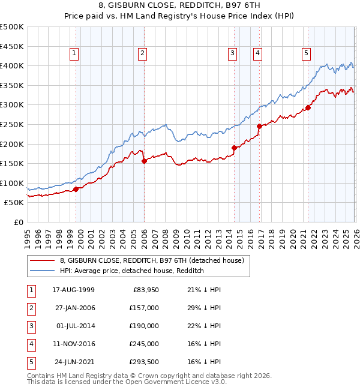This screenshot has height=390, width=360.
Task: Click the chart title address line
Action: pos(180,7)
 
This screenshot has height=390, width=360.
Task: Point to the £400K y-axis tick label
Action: pos(12,65)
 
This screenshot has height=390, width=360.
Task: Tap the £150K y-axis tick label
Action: pos(12,163)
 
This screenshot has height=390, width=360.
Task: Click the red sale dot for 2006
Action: pos(144,161)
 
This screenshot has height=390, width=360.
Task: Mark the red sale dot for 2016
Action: pos(259,127)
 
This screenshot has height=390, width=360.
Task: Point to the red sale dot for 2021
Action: pos(308,108)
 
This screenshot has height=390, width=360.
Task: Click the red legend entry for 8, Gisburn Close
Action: pos(151,261)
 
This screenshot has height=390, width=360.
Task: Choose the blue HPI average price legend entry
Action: pos(132,271)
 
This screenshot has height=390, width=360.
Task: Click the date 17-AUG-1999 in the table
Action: pos(73,290)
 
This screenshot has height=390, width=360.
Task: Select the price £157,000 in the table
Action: pos(144,308)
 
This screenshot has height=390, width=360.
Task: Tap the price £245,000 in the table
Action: pos(144,344)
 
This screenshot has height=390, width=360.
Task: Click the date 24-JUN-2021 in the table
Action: pos(73,362)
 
